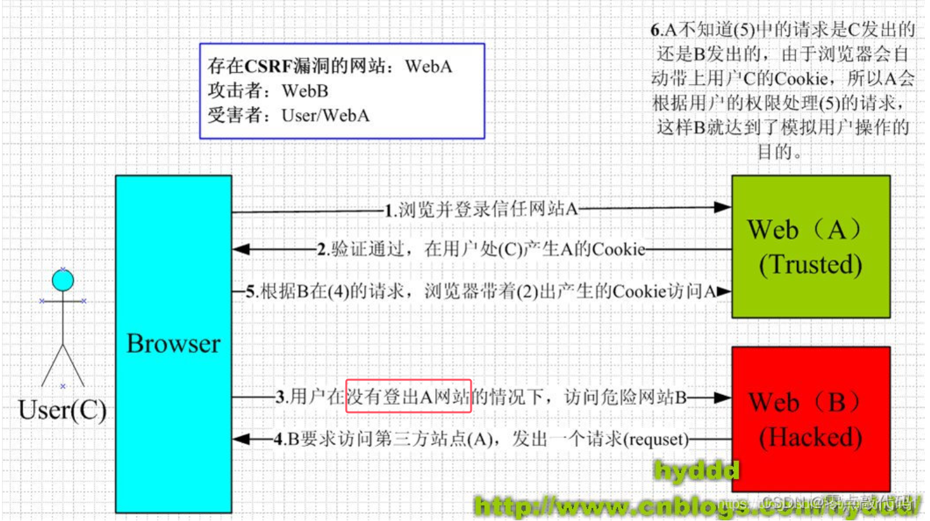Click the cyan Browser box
173,343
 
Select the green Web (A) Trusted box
810,246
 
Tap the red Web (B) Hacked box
810,419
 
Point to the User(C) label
62,410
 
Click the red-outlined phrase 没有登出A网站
408,396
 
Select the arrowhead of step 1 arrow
723,207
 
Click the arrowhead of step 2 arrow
241,249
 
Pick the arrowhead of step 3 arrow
723,397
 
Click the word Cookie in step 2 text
618,249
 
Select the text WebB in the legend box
305,91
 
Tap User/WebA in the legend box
325,116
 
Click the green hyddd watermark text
696,471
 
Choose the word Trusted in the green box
810,264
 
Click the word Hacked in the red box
810,437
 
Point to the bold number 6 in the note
653,31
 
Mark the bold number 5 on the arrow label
251,292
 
